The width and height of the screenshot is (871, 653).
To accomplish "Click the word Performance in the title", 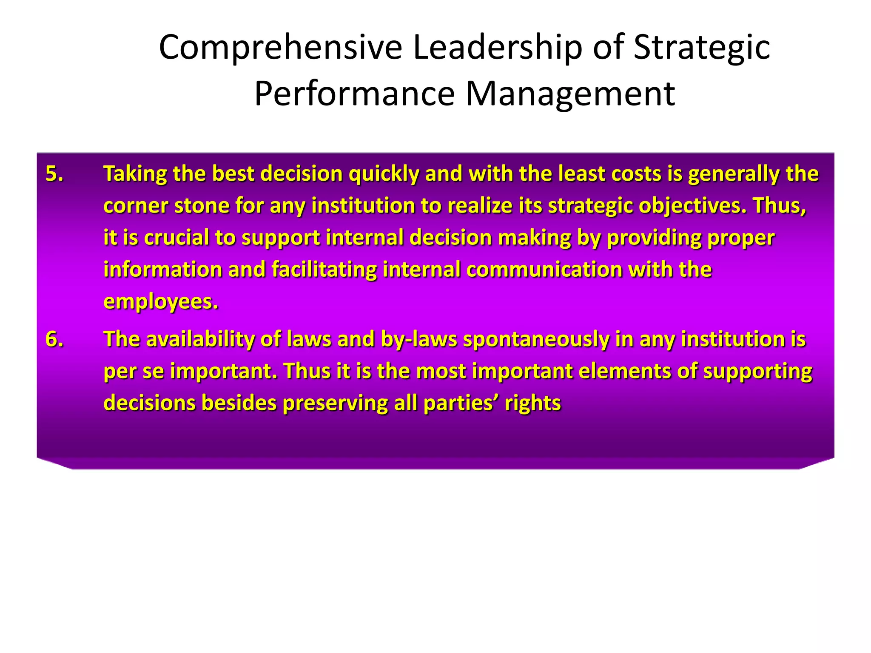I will (355, 94).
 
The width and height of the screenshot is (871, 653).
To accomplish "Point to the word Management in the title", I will (570, 94).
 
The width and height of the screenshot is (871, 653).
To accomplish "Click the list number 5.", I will (54, 174).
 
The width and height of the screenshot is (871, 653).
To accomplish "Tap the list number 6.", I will (54, 339).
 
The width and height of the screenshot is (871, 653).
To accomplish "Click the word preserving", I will (335, 403).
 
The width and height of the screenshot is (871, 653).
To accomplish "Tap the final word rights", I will (533, 403).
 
